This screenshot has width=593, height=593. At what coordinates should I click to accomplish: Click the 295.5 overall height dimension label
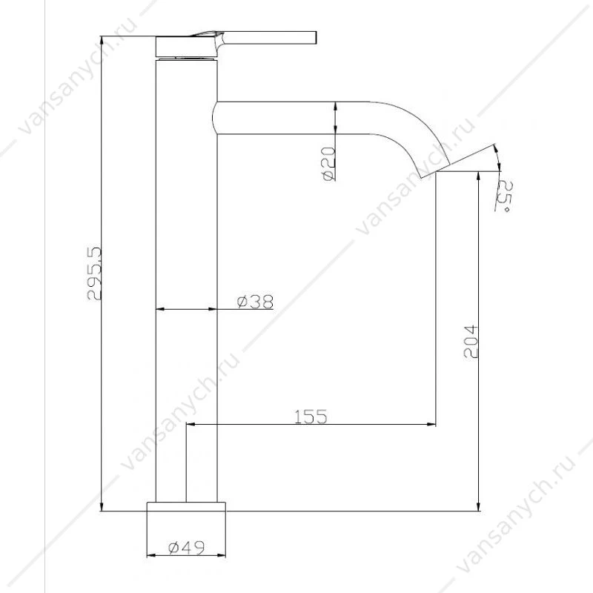[95, 274]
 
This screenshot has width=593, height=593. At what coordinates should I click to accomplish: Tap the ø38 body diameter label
[255, 302]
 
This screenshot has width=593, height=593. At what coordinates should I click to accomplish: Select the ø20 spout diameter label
[330, 164]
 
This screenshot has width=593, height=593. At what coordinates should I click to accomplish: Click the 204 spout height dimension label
[471, 342]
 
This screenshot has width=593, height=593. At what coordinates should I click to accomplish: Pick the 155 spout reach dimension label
[311, 417]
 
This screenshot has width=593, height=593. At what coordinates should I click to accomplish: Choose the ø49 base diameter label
[187, 547]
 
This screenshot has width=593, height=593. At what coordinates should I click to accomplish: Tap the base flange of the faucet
[186, 507]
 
